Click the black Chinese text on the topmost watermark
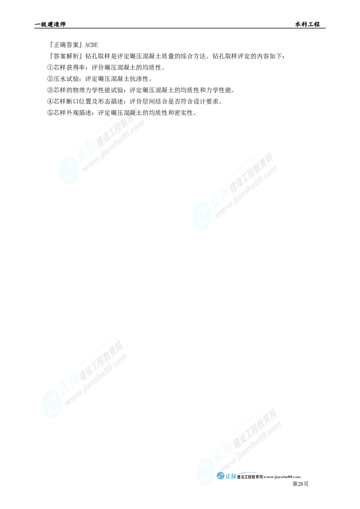coord(130,112)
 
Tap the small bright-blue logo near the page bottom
coord(226,476)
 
